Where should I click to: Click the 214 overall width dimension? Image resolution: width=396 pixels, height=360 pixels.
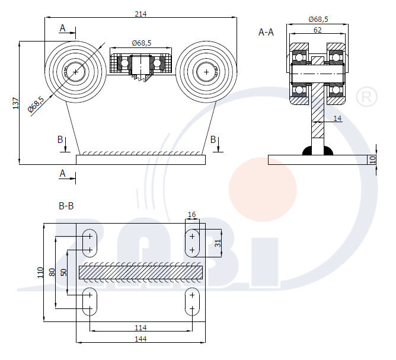point(140,13)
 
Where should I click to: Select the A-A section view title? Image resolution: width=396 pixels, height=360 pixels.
point(266,32)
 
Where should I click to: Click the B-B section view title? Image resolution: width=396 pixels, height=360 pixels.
point(66,206)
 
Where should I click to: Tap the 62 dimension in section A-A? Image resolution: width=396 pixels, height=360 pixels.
point(318,29)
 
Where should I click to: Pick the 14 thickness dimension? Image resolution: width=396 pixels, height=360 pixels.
point(337,119)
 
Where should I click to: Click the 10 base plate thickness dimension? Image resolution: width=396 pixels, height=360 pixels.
point(373,160)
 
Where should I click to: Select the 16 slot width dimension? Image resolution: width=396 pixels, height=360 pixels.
point(191,215)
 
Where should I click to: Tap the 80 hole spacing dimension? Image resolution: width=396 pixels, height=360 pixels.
point(52,272)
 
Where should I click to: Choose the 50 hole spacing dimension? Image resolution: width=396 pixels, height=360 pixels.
point(63,272)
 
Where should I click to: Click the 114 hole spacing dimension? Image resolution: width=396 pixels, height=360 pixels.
point(140,327)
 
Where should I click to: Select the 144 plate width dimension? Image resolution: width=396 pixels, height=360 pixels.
point(140,339)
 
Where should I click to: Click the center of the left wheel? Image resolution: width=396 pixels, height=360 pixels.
point(76,72)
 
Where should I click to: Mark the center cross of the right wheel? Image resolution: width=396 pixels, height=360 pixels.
point(206,72)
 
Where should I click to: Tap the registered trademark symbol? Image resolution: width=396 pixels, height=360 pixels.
point(368,96)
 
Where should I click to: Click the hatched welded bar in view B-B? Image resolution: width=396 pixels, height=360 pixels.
point(140,272)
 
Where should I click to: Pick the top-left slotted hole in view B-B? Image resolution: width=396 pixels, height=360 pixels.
point(90,242)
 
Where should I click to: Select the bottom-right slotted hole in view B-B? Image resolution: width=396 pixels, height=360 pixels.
point(192,301)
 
